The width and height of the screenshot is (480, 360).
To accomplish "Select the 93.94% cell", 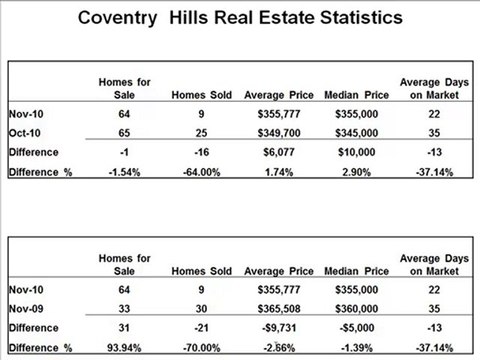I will pyautogui.click(x=123, y=347).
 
